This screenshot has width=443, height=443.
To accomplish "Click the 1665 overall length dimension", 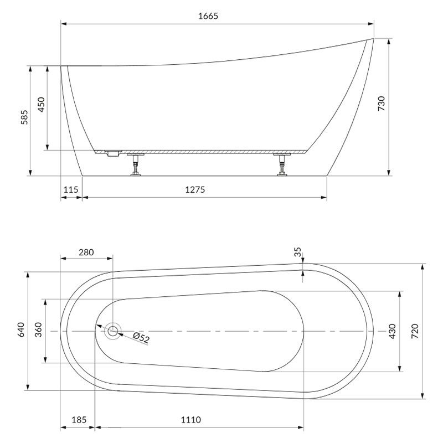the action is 208,16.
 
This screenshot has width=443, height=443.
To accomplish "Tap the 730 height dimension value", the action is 382,104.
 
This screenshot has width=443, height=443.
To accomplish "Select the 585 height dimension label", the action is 24,117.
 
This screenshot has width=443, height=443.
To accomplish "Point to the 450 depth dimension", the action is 41,105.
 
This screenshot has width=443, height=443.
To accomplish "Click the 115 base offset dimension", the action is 71,189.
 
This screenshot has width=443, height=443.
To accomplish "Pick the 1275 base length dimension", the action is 195,189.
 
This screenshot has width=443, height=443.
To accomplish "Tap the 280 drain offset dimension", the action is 86,253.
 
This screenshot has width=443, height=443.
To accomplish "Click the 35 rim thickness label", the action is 298,252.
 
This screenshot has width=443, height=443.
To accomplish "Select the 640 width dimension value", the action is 21,329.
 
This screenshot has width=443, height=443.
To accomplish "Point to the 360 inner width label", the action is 38,329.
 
